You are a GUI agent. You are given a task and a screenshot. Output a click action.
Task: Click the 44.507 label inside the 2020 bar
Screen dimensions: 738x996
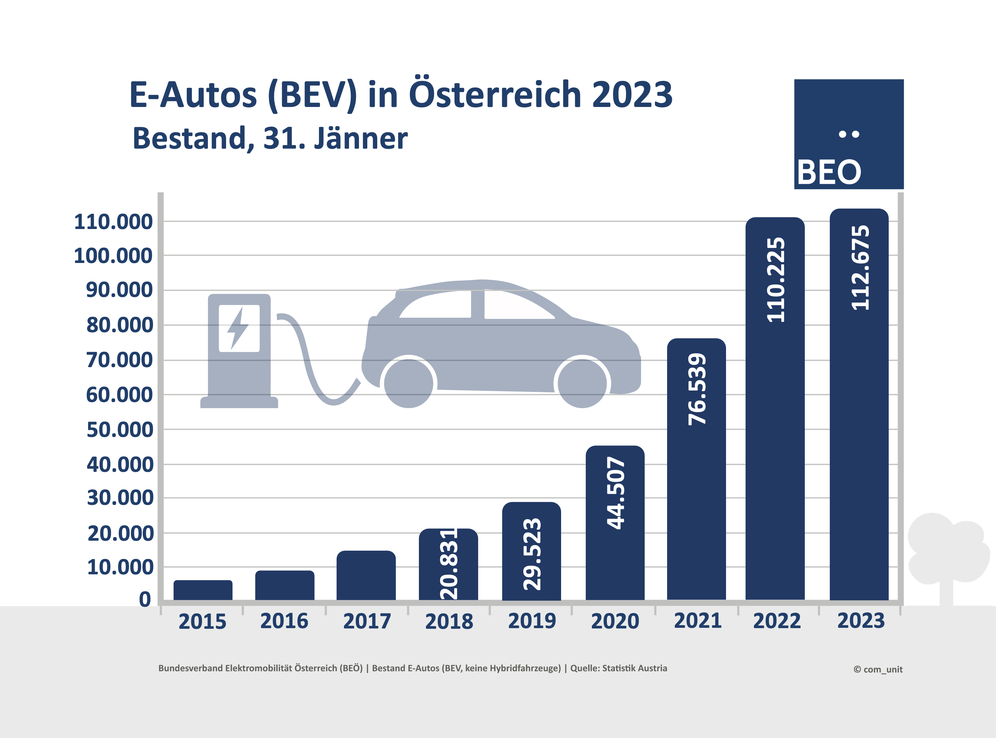(616, 493)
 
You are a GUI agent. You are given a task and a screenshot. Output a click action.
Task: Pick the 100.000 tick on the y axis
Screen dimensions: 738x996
(113, 256)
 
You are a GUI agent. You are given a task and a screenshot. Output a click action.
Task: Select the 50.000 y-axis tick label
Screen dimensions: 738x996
(120, 430)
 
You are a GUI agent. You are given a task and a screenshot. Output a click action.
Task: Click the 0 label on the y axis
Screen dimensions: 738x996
(145, 600)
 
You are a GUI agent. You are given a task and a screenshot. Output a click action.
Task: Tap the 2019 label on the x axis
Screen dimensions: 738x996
(532, 621)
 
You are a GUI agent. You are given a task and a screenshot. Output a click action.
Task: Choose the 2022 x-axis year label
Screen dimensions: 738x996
(777, 621)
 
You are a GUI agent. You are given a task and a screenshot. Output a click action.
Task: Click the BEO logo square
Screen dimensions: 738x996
(849, 134)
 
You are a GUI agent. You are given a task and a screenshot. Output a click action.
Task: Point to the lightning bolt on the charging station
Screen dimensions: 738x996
(238, 328)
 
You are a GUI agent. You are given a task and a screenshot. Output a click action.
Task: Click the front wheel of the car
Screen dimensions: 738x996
(582, 383)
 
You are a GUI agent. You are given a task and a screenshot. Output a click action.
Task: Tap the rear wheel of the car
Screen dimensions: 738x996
(408, 383)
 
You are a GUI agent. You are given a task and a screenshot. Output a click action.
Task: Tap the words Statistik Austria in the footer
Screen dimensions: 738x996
(634, 668)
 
